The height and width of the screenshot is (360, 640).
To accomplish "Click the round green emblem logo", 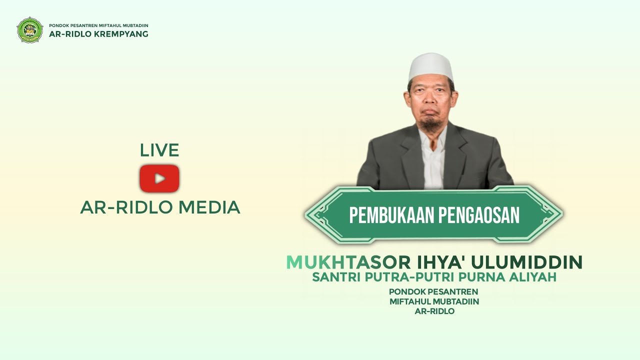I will click(x=30, y=30).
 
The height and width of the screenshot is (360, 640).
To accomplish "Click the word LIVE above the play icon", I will click(x=159, y=150).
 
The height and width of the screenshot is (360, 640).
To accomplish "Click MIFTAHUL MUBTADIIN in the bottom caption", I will click(x=434, y=301).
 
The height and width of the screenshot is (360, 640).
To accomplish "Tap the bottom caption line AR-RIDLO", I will click(x=434, y=311).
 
